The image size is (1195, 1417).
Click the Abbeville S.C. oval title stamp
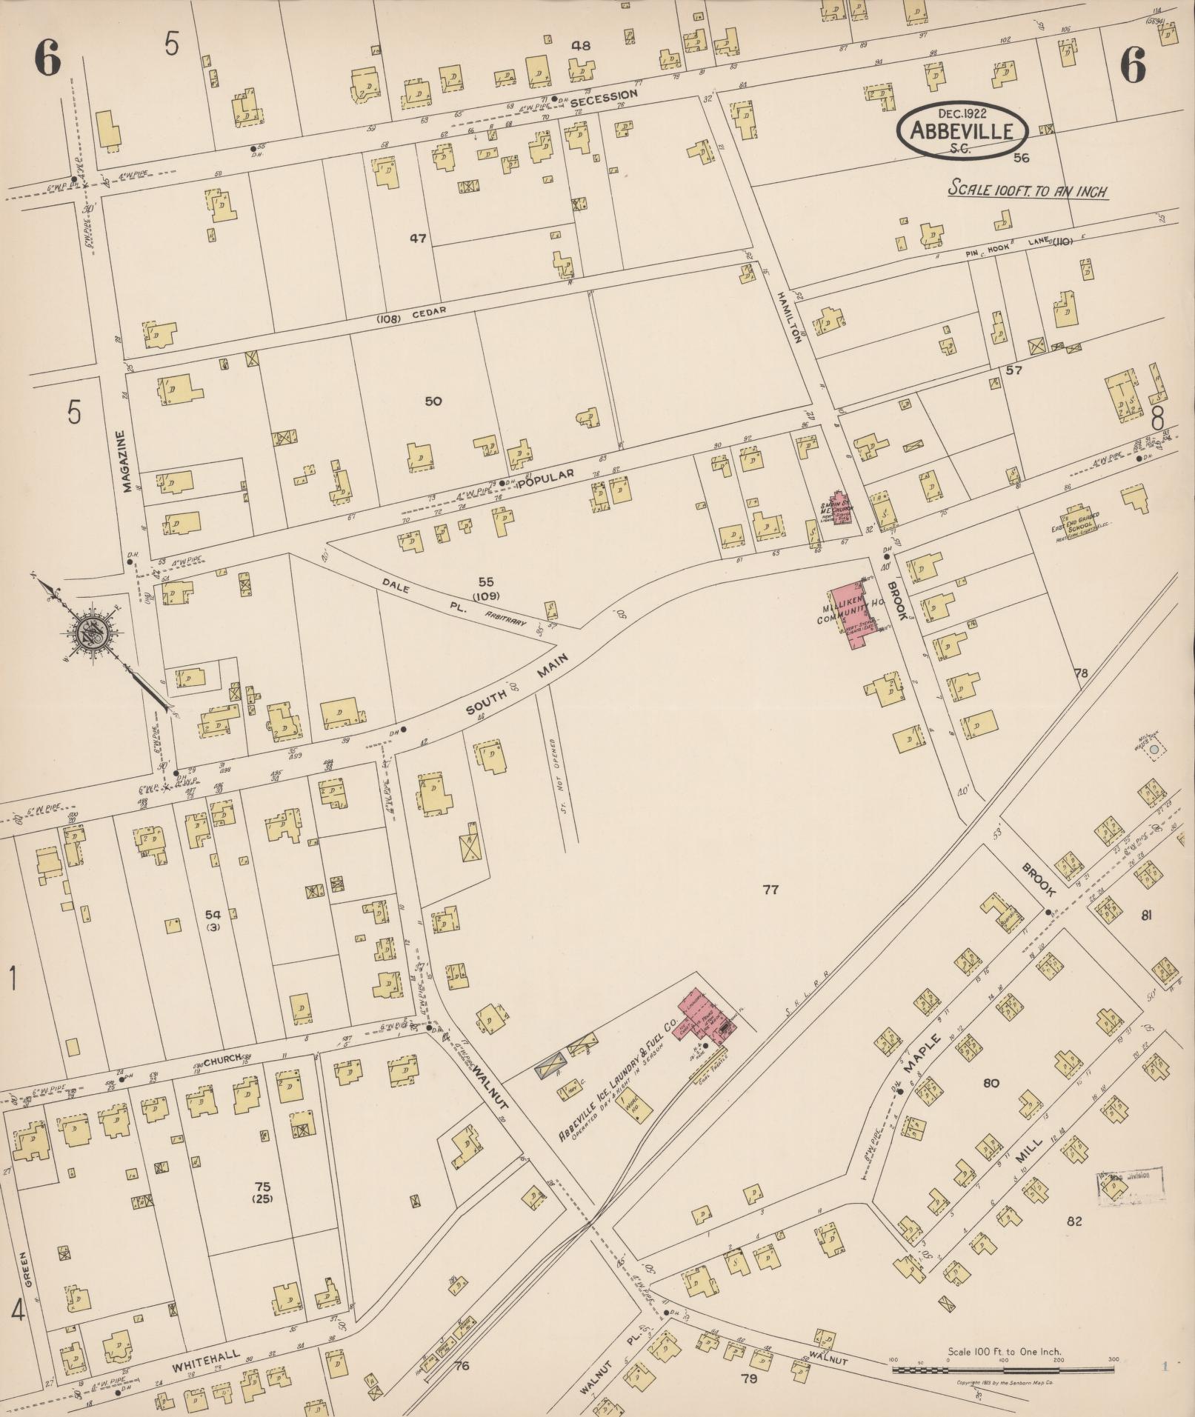tap(962, 130)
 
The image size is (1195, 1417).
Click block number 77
tap(771, 889)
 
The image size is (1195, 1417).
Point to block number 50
tap(433, 401)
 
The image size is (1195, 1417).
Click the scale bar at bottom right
tap(1003, 1370)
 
